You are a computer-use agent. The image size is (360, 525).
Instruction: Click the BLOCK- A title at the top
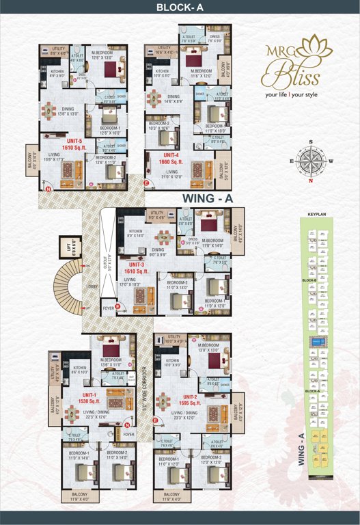tap(180, 8)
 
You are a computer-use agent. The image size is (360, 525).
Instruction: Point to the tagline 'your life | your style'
tap(299, 95)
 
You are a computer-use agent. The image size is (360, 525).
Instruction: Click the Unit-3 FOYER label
tap(108, 308)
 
